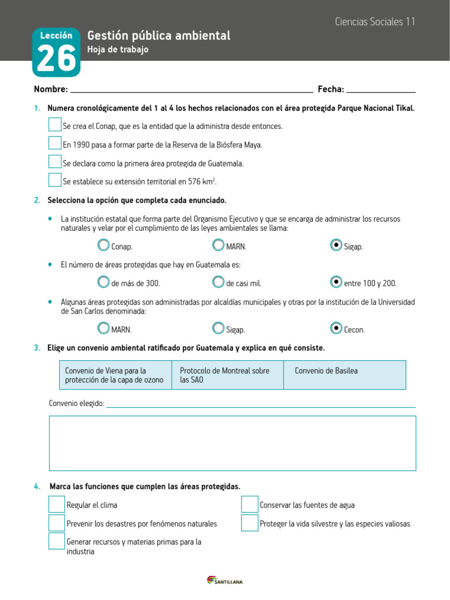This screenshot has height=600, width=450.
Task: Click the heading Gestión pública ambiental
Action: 159,36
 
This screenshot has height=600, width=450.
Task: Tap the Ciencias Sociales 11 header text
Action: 375,22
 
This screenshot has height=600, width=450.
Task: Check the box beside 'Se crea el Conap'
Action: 54,125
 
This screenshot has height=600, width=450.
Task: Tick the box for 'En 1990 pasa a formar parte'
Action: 54,144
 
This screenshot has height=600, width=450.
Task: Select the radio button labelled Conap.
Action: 104,245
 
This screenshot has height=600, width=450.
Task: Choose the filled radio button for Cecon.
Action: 336,328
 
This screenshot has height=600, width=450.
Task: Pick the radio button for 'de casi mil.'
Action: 219,282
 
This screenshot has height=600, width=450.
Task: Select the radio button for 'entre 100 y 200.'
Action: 336,282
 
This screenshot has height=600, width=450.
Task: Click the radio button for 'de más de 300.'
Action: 104,282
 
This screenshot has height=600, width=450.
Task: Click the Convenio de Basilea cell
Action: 345,375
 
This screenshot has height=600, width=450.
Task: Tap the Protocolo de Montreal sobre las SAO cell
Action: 227,375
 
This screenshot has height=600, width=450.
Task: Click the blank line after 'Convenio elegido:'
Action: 261,404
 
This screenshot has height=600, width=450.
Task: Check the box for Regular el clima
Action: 57,504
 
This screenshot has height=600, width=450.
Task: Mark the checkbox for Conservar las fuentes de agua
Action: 250,504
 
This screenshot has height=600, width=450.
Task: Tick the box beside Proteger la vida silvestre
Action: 250,523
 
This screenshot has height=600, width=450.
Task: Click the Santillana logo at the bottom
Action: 224,581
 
